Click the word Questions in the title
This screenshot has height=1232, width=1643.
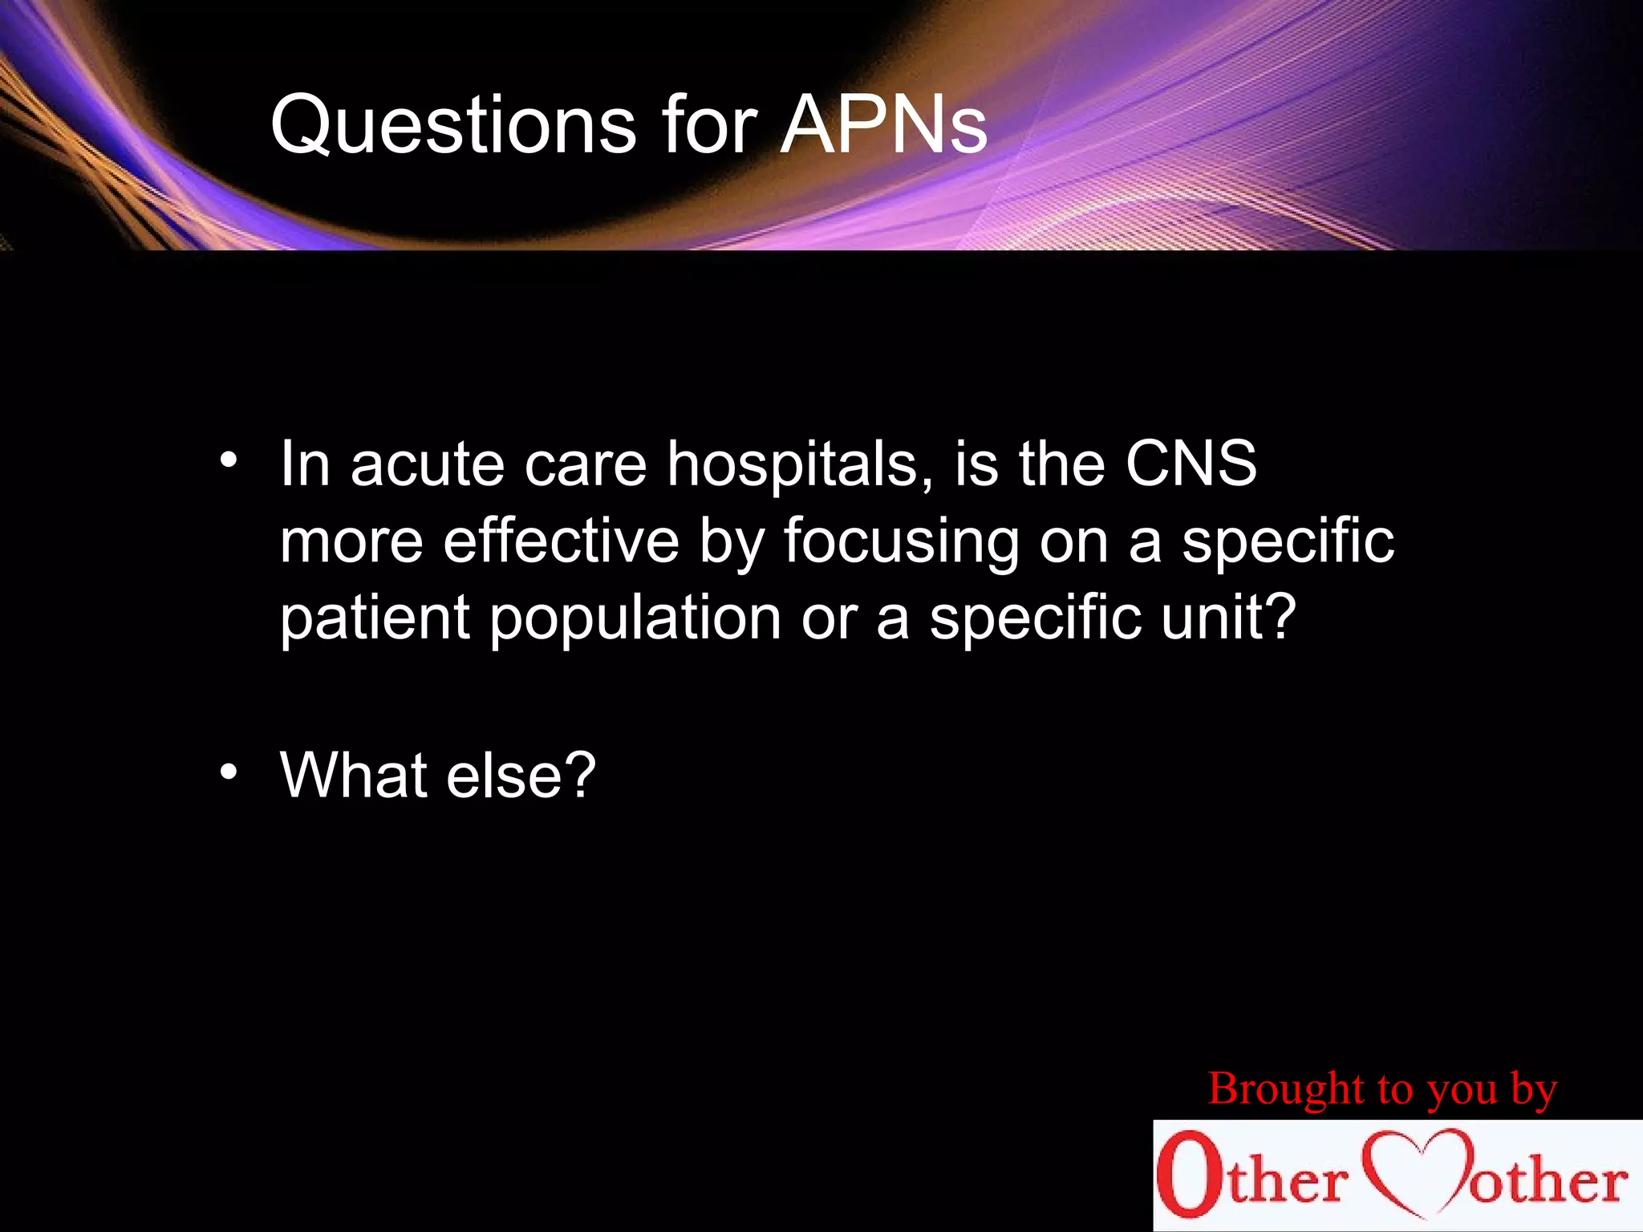point(453,126)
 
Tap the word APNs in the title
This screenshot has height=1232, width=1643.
point(883,126)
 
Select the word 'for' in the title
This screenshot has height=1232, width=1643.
point(709,126)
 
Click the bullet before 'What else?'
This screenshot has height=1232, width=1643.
point(229,772)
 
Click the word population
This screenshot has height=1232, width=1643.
point(635,619)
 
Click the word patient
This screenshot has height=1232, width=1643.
point(375,618)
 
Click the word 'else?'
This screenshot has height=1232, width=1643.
point(521,774)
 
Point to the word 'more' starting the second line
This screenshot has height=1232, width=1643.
point(351,542)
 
